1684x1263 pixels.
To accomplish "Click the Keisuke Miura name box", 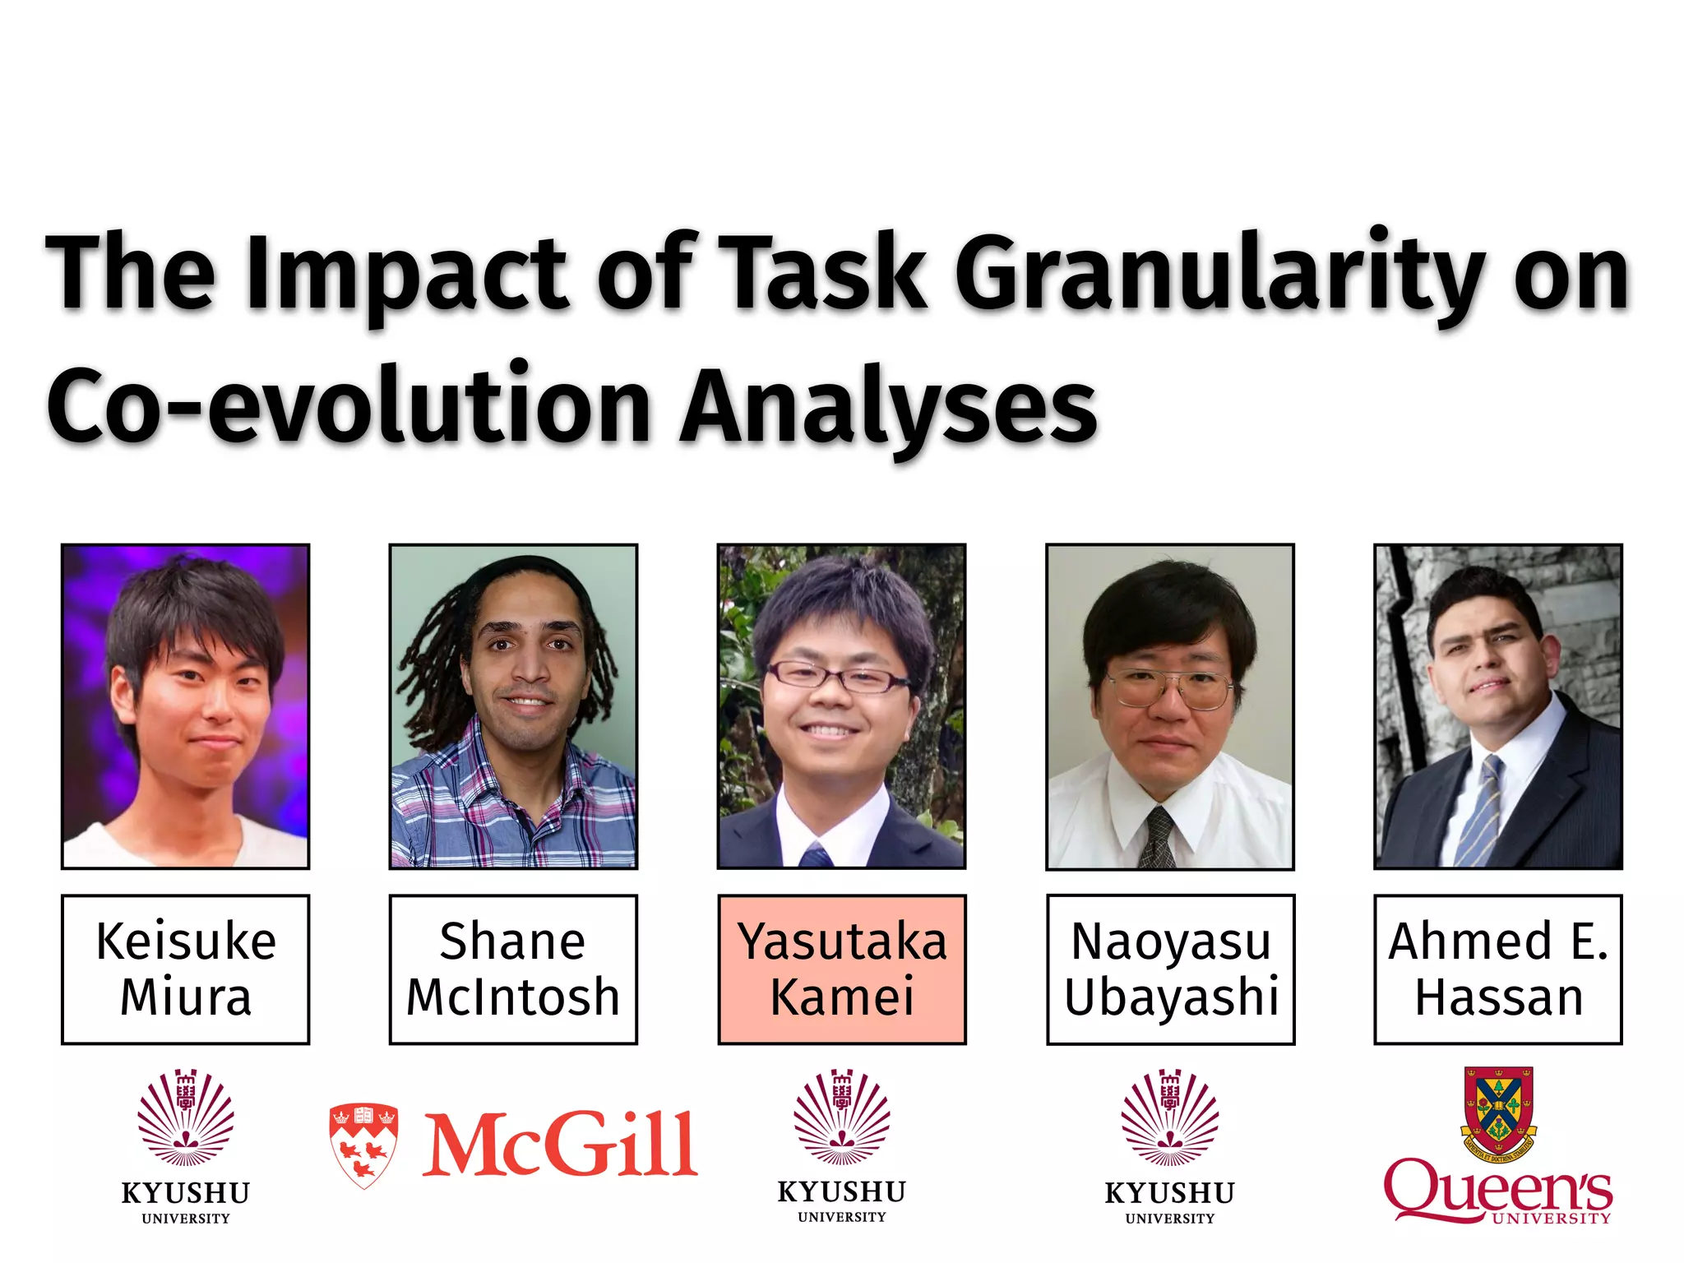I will (186, 969).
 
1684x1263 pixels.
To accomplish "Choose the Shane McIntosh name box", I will (513, 969).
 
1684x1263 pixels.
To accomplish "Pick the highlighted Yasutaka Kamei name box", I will (841, 969).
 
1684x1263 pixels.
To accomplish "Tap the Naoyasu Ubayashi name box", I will (1170, 969).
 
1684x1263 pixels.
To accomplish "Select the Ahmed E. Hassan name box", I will (1497, 969).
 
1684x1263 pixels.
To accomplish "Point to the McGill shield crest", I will (363, 1145).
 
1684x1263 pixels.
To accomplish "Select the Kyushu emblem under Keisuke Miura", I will (186, 1118).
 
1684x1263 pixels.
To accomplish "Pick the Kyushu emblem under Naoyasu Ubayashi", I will (1170, 1118).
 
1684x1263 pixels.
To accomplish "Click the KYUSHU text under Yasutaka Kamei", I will (841, 1192).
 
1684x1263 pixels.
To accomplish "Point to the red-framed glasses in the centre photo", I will (837, 678).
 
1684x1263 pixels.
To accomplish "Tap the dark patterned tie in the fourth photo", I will (1159, 839).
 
